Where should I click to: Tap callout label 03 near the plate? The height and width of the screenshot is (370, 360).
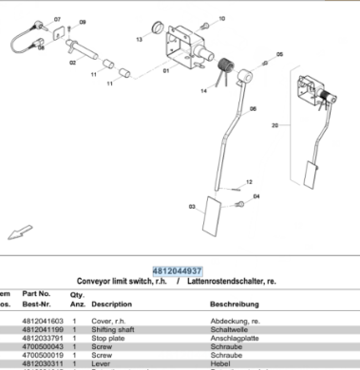click(193, 206)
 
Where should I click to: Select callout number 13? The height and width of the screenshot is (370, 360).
click(139, 40)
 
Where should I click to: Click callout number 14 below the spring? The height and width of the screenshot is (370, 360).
click(202, 91)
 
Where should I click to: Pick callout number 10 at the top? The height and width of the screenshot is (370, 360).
click(221, 18)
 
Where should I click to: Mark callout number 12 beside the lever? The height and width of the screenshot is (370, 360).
click(251, 181)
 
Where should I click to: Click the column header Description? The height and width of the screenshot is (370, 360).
click(111, 305)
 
